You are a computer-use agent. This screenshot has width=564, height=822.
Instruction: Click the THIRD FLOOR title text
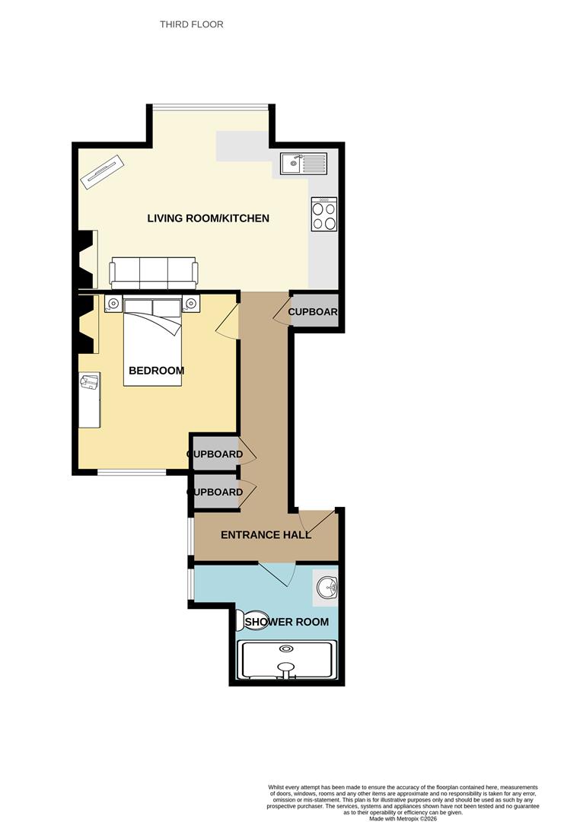click(x=191, y=24)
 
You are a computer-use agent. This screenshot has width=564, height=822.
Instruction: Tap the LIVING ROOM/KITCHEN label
click(x=208, y=218)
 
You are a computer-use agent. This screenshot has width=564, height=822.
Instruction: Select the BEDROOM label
click(x=156, y=371)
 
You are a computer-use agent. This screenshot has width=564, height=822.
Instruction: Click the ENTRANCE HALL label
click(x=266, y=535)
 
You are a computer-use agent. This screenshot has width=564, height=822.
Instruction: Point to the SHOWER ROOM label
click(x=286, y=622)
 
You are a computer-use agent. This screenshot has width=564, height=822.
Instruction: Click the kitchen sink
click(x=303, y=163)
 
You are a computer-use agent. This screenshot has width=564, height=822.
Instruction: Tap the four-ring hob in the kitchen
click(x=323, y=214)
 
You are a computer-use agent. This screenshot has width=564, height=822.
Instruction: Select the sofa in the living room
click(x=154, y=272)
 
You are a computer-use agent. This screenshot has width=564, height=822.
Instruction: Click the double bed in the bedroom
click(x=153, y=342)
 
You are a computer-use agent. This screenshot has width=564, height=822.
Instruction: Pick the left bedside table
click(x=113, y=304)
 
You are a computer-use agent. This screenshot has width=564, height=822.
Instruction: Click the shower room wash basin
click(x=326, y=587)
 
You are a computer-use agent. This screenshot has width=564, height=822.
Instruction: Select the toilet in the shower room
click(x=252, y=620)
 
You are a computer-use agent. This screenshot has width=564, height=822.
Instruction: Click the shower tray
click(x=286, y=660)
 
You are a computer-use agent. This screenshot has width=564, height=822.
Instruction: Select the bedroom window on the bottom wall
click(x=132, y=473)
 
